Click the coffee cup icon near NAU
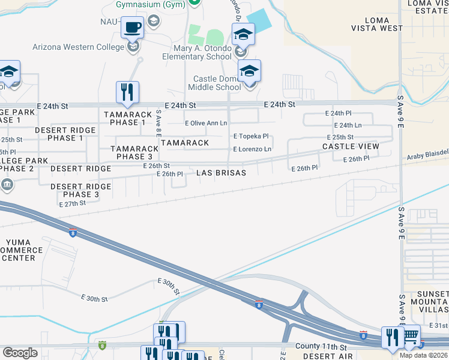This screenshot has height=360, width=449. tap(132, 27)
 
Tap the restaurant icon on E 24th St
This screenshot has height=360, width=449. tap(127, 92)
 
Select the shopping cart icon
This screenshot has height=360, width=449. tap(411, 336)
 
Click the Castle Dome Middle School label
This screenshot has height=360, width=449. tap(217, 83)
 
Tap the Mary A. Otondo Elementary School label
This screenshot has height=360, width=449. tap(197, 52)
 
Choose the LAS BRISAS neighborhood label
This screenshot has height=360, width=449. tap(221, 173)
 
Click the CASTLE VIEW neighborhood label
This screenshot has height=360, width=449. tap(351, 146)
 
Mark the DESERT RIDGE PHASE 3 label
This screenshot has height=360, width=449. tap(80, 191)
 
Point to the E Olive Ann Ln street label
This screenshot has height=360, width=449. tap(206, 123)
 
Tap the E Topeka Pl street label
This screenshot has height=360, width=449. tap(250, 136)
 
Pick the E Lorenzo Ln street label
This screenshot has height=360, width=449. tap(252, 149)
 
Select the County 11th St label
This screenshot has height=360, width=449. tap(321, 347)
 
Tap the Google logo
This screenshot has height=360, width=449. tap(20, 353)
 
